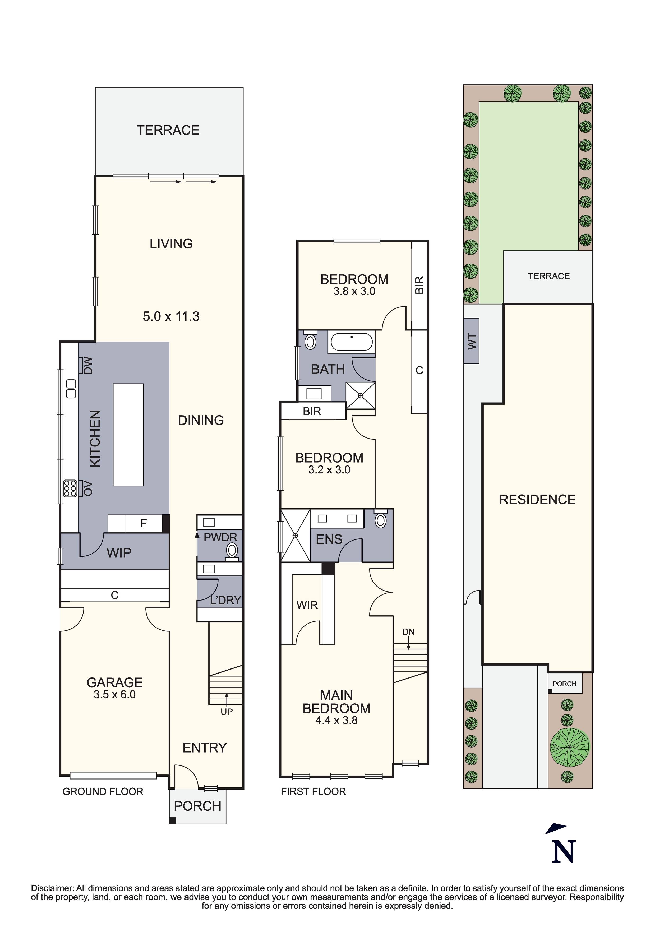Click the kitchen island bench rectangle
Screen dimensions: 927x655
coord(128,435)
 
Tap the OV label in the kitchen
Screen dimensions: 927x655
coord(88,488)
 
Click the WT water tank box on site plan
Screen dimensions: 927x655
coord(471,341)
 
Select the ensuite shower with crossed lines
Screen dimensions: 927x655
coord(295,535)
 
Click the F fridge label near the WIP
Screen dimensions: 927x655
coord(143,524)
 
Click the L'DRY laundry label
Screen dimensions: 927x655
coord(225,600)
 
